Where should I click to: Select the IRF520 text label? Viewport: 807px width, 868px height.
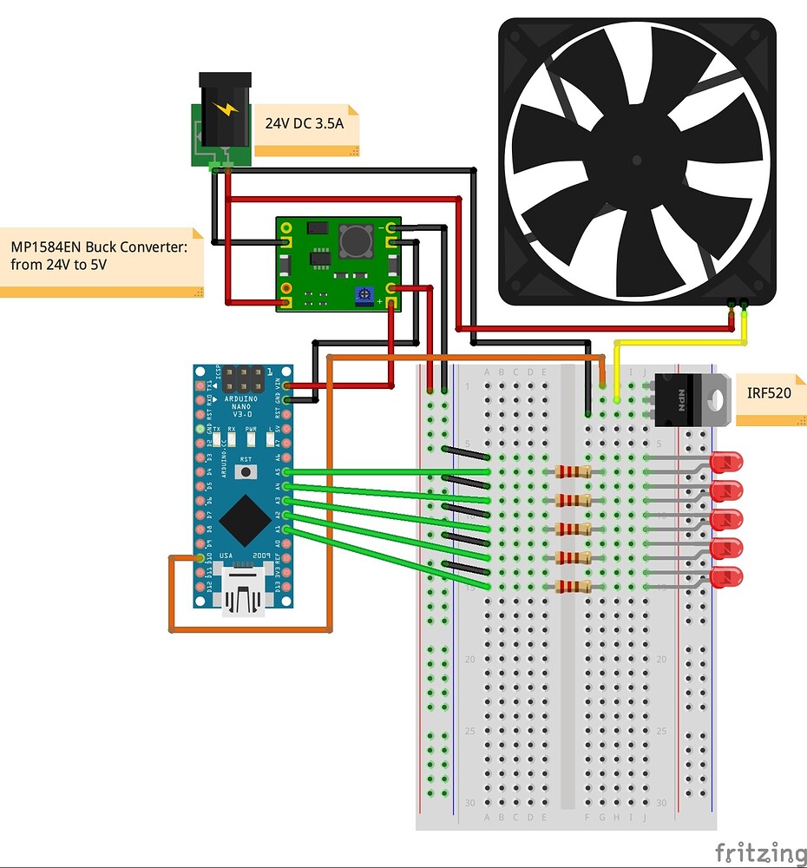coord(769,393)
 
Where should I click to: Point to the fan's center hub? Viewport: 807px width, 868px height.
coord(638,161)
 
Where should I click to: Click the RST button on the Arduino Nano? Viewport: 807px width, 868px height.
coord(247,472)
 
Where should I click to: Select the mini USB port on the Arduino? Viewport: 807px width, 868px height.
coord(244,593)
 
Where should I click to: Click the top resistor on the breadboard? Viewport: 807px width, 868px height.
coord(573,471)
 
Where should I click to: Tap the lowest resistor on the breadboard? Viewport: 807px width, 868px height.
coord(573,586)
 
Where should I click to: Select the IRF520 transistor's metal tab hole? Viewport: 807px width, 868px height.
coord(716,399)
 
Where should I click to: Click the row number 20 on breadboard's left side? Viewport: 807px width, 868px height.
coord(470,660)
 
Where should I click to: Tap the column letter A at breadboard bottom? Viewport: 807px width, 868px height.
coord(488,817)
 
